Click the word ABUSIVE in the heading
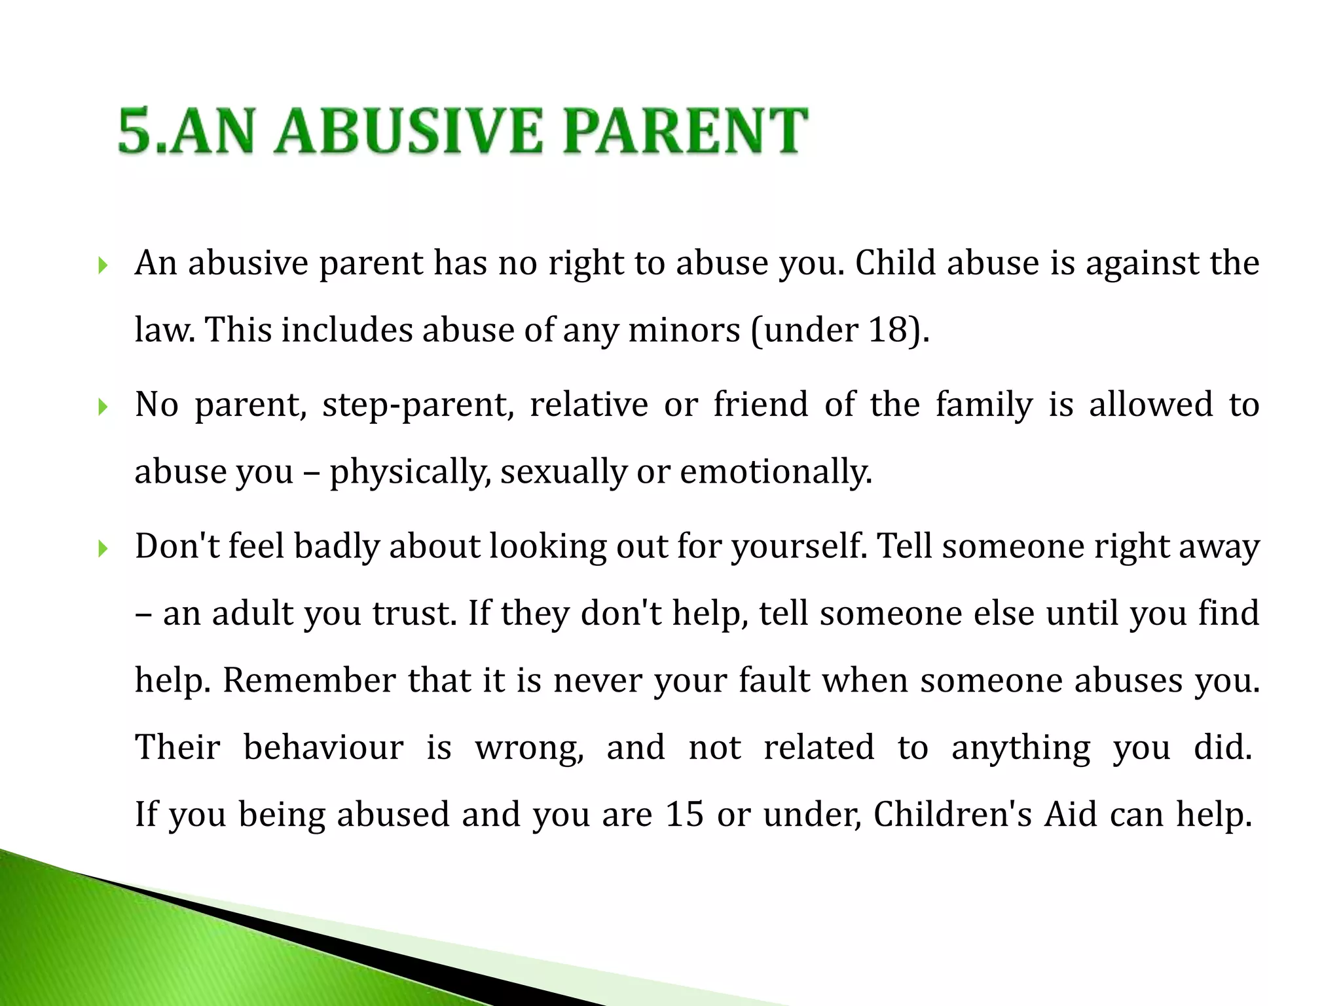pos(409,132)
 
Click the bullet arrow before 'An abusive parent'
pos(102,265)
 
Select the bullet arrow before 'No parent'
pos(102,407)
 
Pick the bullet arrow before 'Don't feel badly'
pos(102,549)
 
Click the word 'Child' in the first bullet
pos(895,263)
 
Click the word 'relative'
pos(589,405)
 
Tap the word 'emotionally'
pos(775,472)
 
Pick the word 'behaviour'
pos(323,748)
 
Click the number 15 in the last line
pos(684,815)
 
